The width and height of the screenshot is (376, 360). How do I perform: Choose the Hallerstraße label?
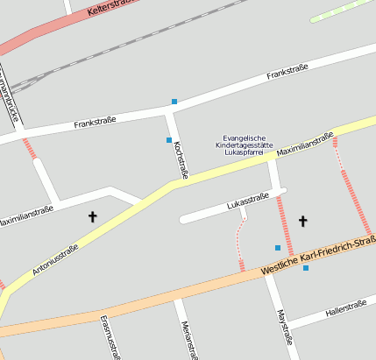(344, 307)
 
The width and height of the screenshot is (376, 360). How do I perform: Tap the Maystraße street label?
(282, 326)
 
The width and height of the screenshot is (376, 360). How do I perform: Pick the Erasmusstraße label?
(110, 336)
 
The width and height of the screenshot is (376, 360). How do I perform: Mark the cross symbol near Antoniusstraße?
(93, 215)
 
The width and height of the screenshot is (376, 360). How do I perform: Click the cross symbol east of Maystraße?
(303, 221)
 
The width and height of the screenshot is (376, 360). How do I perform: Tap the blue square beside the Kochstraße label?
(169, 140)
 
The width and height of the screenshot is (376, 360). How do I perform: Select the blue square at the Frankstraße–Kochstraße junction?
(174, 102)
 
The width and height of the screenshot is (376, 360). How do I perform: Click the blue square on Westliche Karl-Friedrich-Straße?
(306, 268)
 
